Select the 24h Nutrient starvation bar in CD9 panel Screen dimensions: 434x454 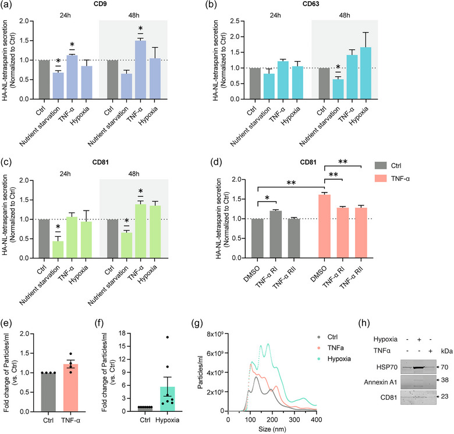pyautogui.click(x=58, y=86)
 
